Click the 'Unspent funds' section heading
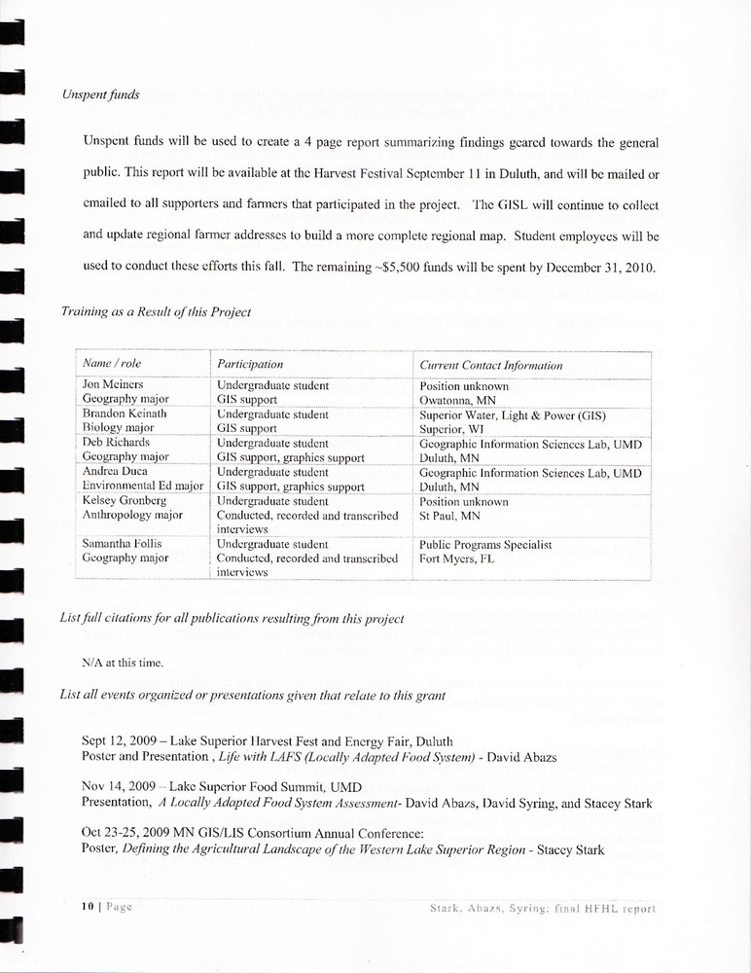coord(99,95)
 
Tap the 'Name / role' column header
coord(112,364)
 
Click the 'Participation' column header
coord(250,364)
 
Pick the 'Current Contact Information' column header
coord(490,365)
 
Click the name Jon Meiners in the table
coord(113,385)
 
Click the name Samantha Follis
coord(124,544)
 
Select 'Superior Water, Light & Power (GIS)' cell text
coord(513,415)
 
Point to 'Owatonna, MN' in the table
coord(457,400)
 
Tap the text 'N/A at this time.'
coord(122,663)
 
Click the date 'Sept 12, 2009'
coord(120,741)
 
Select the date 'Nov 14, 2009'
coord(118,786)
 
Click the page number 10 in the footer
coord(88,906)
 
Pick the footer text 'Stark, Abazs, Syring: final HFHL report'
coord(543,909)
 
